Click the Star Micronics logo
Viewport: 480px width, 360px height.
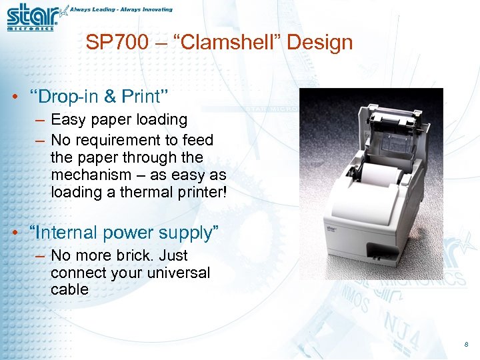tap(33, 17)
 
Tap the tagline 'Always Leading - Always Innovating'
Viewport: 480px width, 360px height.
tap(121, 9)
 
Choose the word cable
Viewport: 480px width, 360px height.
tap(69, 289)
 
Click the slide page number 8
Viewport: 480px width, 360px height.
tap(465, 344)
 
